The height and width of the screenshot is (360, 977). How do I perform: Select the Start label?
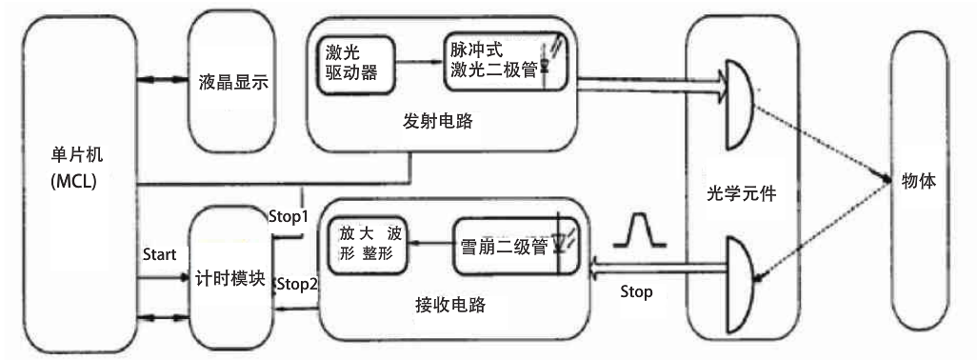[159, 254]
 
